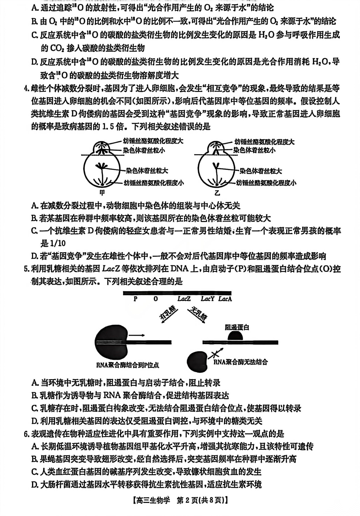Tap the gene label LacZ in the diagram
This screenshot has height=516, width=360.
coord(184,299)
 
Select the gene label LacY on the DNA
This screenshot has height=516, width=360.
coord(207,299)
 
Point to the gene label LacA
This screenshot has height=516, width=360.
coord(225,299)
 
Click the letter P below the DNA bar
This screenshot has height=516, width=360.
coord(135,299)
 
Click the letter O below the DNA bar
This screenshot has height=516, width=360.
coord(156,299)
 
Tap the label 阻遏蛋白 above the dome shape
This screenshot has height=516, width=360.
coord(237,327)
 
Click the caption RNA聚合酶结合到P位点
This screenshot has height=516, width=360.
coord(128,365)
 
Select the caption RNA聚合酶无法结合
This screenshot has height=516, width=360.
coord(240,362)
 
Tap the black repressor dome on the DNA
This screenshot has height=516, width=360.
coord(236,336)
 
